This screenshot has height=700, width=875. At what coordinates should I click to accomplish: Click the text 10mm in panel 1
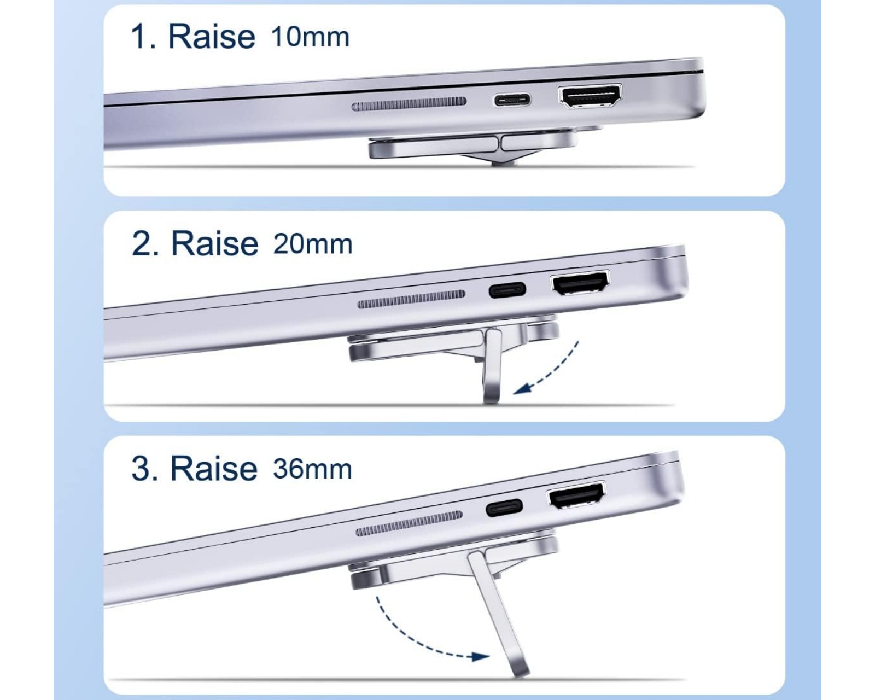pyautogui.click(x=310, y=37)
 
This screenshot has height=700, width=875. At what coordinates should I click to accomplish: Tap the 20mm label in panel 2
pyautogui.click(x=313, y=244)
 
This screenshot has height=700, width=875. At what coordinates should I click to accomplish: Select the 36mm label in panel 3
pyautogui.click(x=312, y=469)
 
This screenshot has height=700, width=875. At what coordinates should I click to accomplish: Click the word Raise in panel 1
pyautogui.click(x=212, y=37)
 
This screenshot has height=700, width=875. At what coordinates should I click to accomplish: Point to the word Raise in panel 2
pyautogui.click(x=215, y=244)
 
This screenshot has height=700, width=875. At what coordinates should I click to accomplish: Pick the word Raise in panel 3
pyautogui.click(x=214, y=469)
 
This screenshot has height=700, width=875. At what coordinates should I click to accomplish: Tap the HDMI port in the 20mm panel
pyautogui.click(x=580, y=283)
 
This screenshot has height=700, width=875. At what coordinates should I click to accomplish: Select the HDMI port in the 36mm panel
pyautogui.click(x=576, y=495)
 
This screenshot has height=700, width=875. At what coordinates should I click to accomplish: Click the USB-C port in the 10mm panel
pyautogui.click(x=512, y=100)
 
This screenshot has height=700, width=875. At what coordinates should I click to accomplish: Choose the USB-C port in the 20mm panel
pyautogui.click(x=507, y=290)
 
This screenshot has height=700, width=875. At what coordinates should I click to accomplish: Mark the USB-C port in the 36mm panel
pyautogui.click(x=504, y=507)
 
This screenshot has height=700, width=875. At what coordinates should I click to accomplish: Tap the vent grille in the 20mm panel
pyautogui.click(x=411, y=299)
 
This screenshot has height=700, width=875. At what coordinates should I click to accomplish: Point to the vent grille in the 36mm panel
pyautogui.click(x=409, y=523)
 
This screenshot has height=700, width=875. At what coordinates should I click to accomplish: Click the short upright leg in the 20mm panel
pyautogui.click(x=492, y=366)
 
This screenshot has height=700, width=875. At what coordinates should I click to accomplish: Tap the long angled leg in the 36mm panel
pyautogui.click(x=498, y=614)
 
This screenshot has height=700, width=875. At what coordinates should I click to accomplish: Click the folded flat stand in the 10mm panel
pyautogui.click(x=474, y=147)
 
